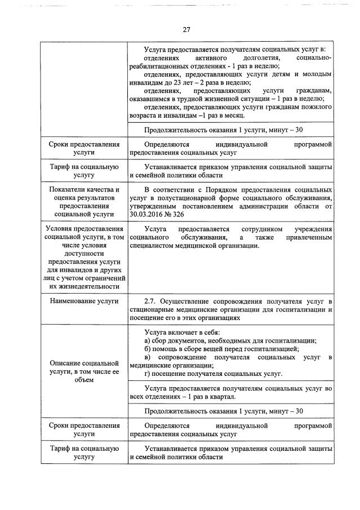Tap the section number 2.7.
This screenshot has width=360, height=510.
150,301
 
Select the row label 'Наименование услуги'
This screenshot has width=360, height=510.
84,301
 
